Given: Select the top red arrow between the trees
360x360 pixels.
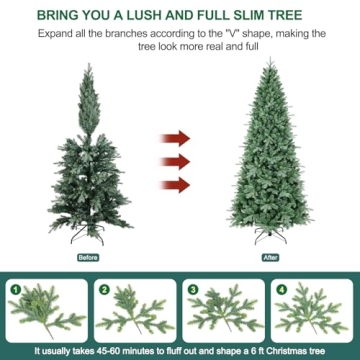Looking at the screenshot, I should coord(177,137).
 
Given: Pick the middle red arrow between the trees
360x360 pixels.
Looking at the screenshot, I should coord(177,160).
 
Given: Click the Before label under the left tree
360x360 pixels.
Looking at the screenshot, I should coord(88,257).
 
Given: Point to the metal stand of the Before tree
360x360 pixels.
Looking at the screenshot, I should coord(87,238).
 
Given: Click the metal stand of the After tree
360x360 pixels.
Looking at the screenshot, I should coord(267,238).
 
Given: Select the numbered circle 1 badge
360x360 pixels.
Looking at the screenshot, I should coord(15,289).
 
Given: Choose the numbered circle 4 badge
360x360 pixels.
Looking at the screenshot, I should coord(281,289).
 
